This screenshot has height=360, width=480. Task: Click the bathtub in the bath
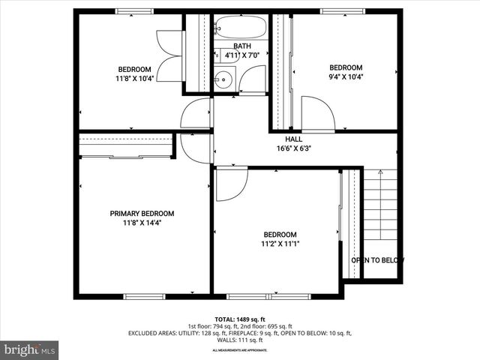[x=239, y=29]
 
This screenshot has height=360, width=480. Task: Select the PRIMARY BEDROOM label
[x=142, y=213]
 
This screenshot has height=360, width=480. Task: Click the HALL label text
[x=293, y=139]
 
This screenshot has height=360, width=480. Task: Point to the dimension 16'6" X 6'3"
[x=293, y=148]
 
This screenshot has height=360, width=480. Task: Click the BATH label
[x=242, y=46]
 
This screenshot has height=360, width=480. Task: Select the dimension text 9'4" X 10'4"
[x=346, y=77]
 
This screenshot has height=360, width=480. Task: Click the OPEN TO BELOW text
[x=377, y=260]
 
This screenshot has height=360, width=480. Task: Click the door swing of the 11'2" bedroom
[x=229, y=185]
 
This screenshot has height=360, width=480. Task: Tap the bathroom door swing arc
[x=253, y=79]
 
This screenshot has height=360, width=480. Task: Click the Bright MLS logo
[x=30, y=349]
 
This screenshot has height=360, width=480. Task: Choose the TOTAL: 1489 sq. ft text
[x=241, y=319]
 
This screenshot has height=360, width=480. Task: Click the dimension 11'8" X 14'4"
[x=142, y=223]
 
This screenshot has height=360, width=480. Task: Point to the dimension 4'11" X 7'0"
[x=242, y=55]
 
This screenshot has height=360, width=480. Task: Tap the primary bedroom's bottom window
[x=144, y=296]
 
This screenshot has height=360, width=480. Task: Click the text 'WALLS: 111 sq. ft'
[x=240, y=340]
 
